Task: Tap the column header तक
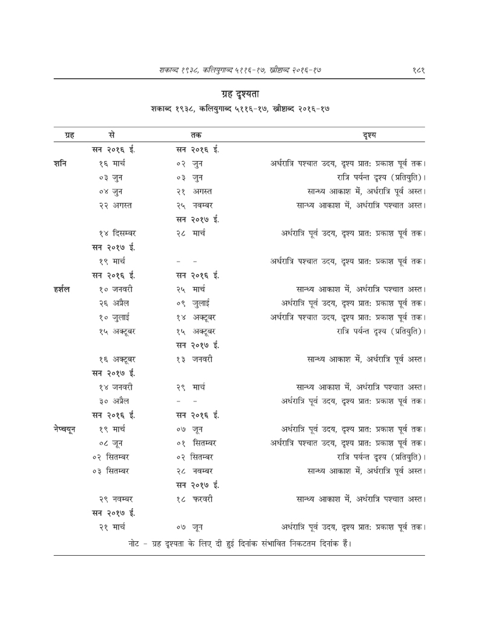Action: (x=196, y=134)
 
